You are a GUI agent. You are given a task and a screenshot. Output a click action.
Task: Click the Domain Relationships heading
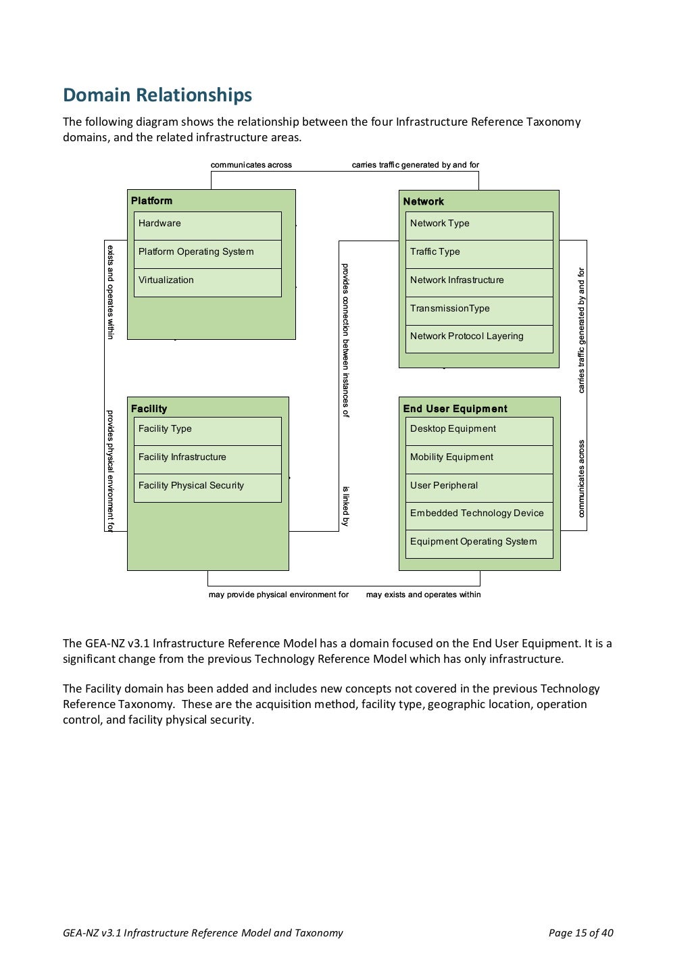click(157, 95)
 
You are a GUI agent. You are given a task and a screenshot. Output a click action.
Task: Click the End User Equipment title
click(455, 409)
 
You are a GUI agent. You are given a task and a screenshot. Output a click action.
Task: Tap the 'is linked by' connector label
click(345, 506)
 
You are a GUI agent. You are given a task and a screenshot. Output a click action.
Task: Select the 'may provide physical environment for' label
click(278, 595)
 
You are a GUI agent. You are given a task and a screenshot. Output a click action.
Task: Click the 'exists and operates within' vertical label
click(110, 292)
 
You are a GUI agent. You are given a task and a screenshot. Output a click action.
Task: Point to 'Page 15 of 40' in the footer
click(580, 933)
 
